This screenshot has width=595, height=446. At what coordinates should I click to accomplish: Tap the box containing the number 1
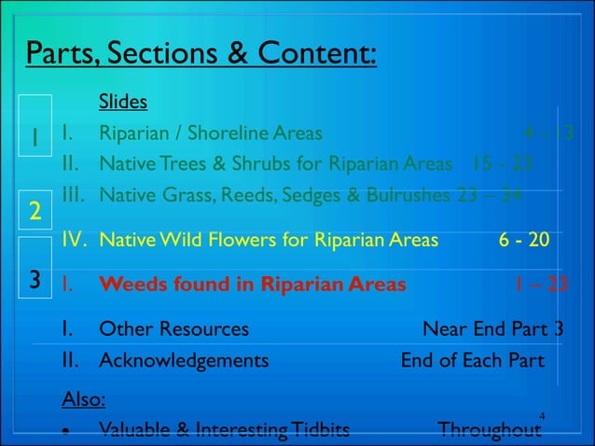34,138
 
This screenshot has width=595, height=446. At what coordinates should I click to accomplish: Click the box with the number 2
34,212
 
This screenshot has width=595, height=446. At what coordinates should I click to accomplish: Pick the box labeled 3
34,280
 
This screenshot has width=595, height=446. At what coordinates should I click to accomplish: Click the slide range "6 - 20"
523,240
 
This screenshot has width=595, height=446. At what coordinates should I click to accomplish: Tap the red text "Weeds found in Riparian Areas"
252,284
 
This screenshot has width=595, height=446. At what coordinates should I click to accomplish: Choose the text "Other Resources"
173,328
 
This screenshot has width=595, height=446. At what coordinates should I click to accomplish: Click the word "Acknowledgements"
184,360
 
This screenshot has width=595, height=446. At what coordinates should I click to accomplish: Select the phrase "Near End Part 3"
506,328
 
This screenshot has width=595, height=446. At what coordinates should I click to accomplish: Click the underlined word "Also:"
83,399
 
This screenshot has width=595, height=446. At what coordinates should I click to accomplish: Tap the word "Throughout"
489,430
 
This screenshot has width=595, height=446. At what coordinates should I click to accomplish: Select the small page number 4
543,414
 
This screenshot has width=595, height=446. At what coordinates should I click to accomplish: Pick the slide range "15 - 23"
502,165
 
